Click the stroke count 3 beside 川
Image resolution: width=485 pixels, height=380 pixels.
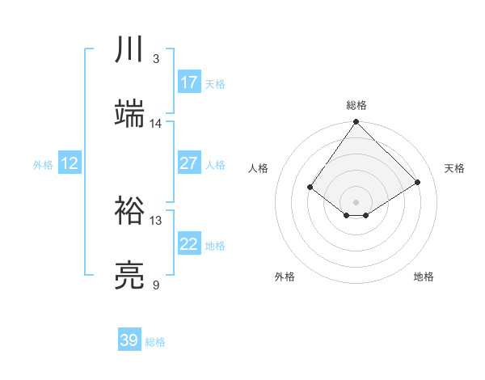pos(156,59)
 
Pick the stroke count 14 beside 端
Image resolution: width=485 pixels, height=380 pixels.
pos(156,124)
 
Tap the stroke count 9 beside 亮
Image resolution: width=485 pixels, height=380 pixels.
pos(156,285)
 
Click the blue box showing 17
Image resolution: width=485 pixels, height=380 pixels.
pos(189,82)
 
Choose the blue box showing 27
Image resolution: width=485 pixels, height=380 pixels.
pos(189,163)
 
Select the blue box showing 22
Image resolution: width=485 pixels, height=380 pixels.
pos(189,244)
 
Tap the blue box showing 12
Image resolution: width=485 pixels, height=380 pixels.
pos(70,163)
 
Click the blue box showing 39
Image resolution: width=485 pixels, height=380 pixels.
pos(129,340)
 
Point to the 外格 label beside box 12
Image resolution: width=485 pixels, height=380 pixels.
pos(43,165)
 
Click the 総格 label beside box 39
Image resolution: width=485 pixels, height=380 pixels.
pos(155,342)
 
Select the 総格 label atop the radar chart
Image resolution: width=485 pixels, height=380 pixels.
pos(356,105)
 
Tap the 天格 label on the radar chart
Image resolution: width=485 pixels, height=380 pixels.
pos(454,168)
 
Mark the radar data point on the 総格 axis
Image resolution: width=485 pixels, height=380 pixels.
pos(356,122)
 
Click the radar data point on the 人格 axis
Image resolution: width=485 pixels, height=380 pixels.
pos(310,187)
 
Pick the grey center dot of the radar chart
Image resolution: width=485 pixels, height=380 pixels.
pos(356,201)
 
